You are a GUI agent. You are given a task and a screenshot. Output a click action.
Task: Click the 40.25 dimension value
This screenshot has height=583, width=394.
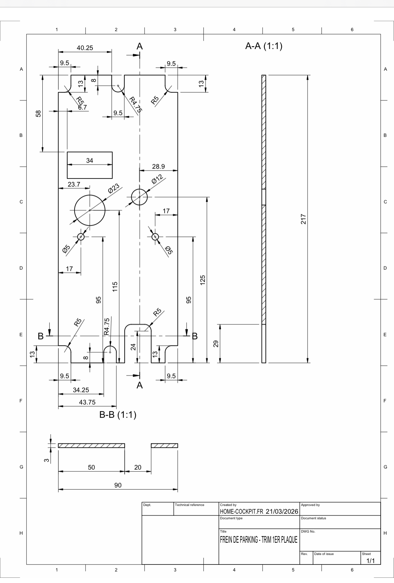point(85,48)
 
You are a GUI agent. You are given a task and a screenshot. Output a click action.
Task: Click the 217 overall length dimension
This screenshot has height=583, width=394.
point(303,219)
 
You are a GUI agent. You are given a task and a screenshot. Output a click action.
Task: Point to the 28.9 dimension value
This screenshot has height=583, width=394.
point(158,167)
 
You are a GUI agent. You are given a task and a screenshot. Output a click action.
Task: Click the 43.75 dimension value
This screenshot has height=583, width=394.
point(87,402)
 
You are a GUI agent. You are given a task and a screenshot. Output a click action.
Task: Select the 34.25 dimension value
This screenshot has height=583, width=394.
point(81,390)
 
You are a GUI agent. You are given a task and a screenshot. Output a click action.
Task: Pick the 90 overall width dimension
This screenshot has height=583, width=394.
point(118,485)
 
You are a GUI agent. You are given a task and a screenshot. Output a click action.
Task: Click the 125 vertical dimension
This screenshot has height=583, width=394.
point(202,280)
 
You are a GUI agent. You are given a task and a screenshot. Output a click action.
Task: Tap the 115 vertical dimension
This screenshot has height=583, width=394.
point(115,286)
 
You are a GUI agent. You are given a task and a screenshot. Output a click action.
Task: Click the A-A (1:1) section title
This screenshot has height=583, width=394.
point(264,46)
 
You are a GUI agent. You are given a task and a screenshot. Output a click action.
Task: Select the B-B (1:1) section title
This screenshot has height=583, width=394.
point(118,415)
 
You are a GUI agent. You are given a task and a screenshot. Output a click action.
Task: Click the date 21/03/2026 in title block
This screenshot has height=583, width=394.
point(282,511)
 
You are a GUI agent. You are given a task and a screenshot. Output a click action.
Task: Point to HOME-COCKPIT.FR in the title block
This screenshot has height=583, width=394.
point(241,511)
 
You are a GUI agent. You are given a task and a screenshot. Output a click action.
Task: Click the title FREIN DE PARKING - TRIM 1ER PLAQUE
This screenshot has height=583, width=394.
point(258,540)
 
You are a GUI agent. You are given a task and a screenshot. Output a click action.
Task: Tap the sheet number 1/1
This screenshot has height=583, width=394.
point(370,561)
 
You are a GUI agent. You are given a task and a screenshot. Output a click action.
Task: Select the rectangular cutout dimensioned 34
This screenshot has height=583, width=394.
point(90,171)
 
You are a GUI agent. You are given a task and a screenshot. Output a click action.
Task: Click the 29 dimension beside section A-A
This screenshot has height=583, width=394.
point(216,344)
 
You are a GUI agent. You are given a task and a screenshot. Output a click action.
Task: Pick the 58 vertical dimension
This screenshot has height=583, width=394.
point(39,113)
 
